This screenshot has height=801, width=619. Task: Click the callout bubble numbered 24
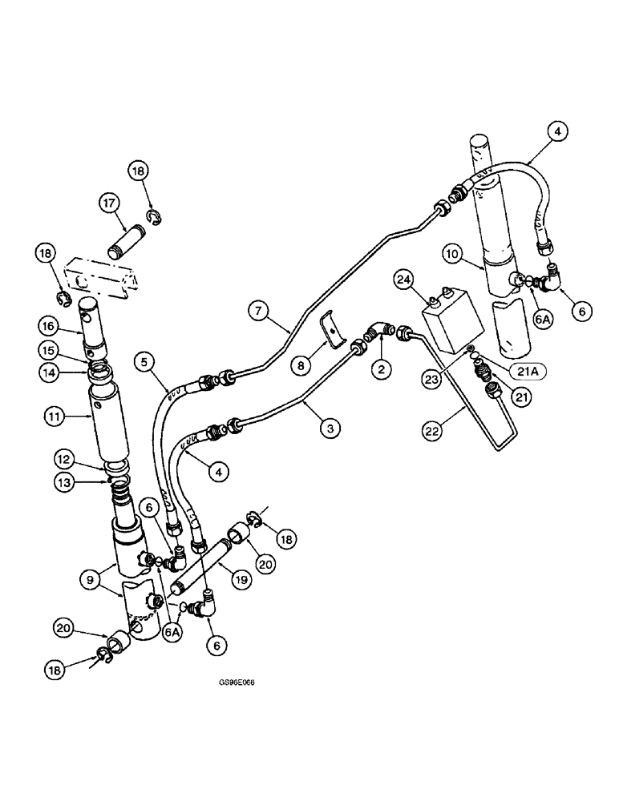[x=405, y=280]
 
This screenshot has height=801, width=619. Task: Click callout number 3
[x=328, y=429]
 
